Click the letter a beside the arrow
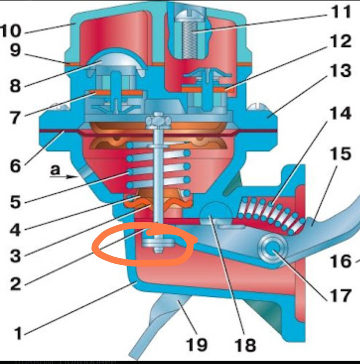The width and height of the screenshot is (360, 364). click(55, 171)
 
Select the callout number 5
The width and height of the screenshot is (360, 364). click(15, 202)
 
